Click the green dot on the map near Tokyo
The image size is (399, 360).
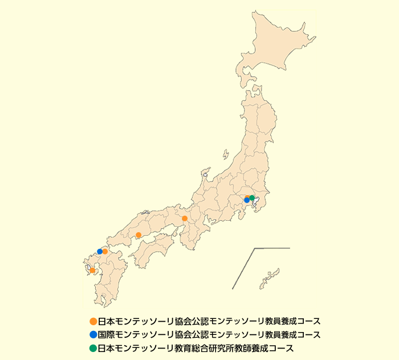click(x=252, y=198)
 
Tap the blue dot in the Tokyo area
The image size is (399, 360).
click(x=247, y=200)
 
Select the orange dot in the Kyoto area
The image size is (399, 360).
click(x=185, y=219)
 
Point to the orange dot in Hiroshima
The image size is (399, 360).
click(x=139, y=235)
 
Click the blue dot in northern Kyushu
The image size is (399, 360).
click(x=100, y=252)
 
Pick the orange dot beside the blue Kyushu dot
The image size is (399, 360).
click(x=105, y=251)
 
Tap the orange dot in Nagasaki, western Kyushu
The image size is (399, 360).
click(x=92, y=270)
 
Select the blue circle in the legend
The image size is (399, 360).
click(x=93, y=334)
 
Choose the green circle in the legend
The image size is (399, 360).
click(x=93, y=348)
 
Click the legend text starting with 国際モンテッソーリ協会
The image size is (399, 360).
click(x=205, y=334)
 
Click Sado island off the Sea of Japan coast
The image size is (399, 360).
click(x=225, y=156)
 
